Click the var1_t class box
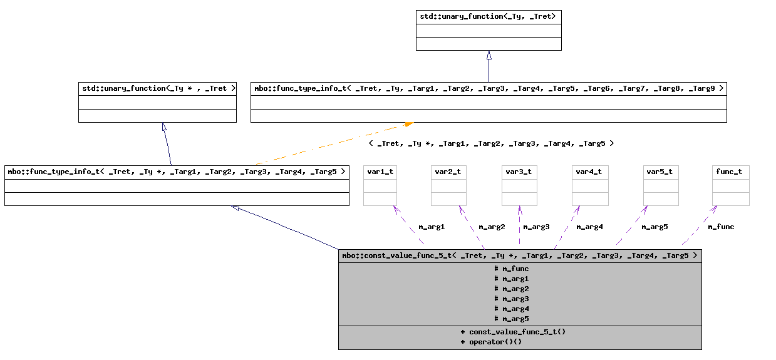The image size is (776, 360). coord(380,185)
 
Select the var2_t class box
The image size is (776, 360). coord(448,185)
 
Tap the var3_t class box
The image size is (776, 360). coord(519,185)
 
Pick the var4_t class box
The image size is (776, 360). coord(590,185)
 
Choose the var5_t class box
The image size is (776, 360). coord(661,185)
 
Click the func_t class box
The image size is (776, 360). coord(731,185)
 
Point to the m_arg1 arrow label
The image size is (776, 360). coord(431,227)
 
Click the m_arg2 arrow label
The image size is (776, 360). coord(492,227)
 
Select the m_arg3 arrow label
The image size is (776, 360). coord(536,227)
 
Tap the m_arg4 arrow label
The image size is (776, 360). coord(589,227)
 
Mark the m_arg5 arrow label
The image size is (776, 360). coord(654,227)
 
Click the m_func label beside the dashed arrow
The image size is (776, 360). coord(721,227)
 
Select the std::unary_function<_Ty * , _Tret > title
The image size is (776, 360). coord(157,88)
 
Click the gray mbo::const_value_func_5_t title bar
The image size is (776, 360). coord(520,255)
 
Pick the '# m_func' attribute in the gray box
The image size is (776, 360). coord(512,269)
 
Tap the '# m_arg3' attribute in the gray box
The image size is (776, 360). coord(512,299)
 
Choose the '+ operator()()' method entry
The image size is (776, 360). coord(491,342)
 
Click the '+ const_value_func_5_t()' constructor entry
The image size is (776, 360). coord(513,332)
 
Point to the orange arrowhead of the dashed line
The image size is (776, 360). coord(408,125)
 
